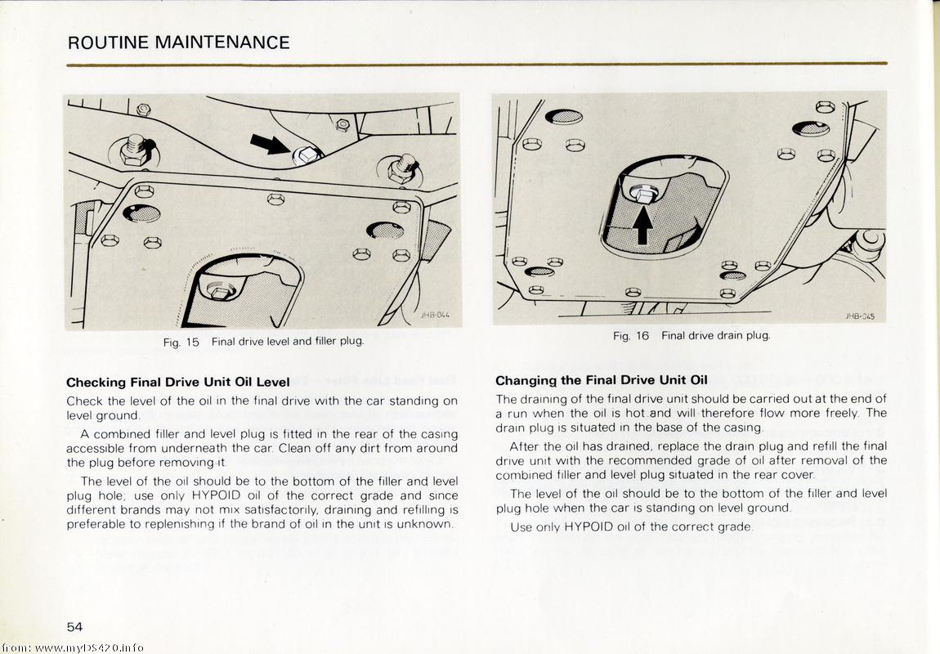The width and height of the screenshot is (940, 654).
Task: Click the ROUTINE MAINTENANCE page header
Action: pos(178,43)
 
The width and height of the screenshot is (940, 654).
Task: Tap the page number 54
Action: pos(75,626)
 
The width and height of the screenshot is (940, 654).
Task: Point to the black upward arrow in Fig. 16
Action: pos(642,226)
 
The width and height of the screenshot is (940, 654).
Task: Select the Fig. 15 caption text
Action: pos(262,342)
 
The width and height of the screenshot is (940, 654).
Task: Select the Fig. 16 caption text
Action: pos(692,335)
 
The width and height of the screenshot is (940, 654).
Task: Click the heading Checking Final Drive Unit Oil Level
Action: pos(177,382)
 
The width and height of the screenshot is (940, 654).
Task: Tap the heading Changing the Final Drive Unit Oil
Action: pos(601,380)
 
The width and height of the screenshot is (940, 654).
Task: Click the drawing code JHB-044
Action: pos(435,315)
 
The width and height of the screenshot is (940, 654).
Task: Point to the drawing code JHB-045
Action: pos(860,316)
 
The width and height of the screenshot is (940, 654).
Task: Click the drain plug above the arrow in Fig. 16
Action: pos(643,194)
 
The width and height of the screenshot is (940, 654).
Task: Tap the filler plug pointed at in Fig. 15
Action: pos(303,154)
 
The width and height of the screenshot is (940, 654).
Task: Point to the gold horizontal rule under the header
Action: pos(477,63)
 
